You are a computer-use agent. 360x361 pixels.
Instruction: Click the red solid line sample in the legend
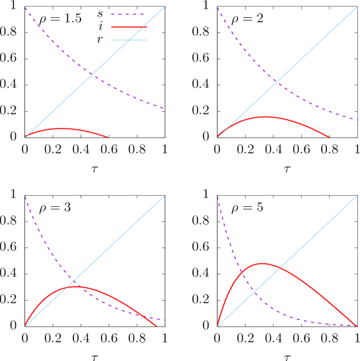click(x=129, y=27)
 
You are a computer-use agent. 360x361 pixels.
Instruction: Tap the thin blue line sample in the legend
click(x=129, y=40)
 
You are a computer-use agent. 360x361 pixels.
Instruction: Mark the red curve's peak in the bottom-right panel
click(x=262, y=263)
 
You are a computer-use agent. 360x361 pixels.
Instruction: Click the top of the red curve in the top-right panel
click(x=265, y=116)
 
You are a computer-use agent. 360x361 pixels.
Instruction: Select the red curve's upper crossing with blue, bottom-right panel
click(x=279, y=268)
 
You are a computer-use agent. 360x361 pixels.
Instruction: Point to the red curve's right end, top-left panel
click(x=108, y=137)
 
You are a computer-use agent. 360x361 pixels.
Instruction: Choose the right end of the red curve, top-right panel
click(x=329, y=138)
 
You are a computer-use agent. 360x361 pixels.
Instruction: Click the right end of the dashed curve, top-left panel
click(x=164, y=108)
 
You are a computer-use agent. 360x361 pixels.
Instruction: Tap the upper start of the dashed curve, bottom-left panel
click(x=25, y=196)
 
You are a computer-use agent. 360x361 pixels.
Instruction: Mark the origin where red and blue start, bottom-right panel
click(x=218, y=325)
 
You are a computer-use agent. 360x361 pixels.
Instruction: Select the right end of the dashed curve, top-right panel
click(x=357, y=120)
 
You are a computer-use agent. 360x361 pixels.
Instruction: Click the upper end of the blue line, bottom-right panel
click(x=357, y=196)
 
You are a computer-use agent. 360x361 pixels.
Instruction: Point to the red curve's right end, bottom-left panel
click(x=157, y=326)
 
